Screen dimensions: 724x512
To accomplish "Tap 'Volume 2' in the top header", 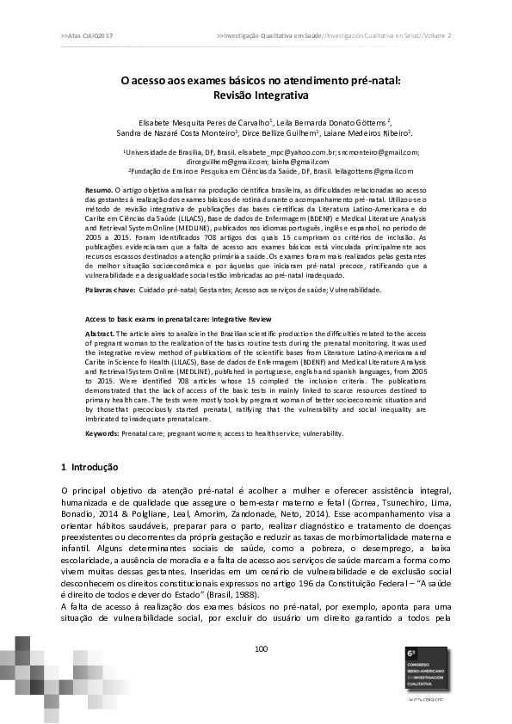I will pos(437,35).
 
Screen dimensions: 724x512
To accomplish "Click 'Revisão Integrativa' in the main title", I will pos(260,95).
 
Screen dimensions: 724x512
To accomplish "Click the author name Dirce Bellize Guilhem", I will pos(282,133).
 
